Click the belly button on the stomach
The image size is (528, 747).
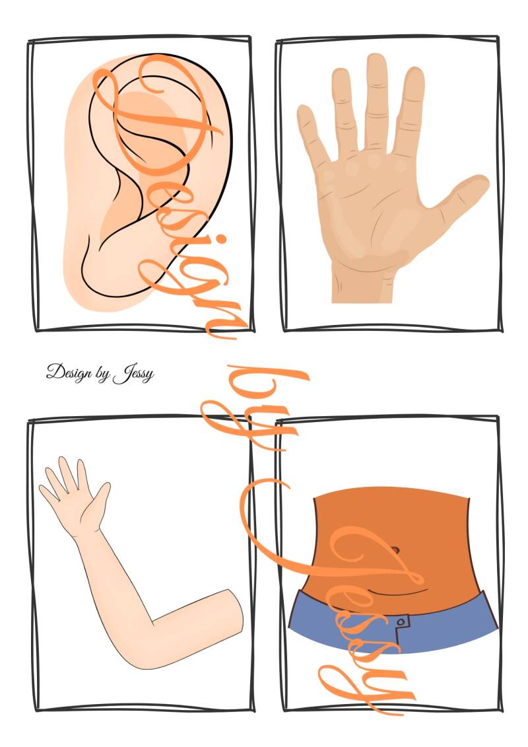pyautogui.click(x=394, y=551)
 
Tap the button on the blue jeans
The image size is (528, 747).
pyautogui.click(x=401, y=622)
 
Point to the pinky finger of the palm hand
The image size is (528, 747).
pyautogui.click(x=312, y=133)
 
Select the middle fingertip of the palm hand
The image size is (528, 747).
pyautogui.click(x=376, y=61)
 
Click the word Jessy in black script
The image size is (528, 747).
pyautogui.click(x=134, y=373)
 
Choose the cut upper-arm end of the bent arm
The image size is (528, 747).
pyautogui.click(x=236, y=612)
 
